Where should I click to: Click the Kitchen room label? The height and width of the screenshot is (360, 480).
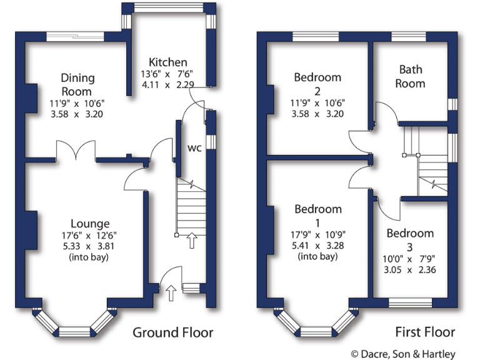[x=167, y=62]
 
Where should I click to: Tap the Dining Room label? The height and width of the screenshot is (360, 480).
[x=77, y=84]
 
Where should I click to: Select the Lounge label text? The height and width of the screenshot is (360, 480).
[x=90, y=223]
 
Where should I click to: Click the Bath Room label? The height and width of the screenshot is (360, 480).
[x=412, y=76]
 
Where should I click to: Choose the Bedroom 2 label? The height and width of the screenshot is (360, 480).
[x=318, y=77]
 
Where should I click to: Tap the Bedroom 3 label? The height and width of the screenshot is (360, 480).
[x=409, y=233]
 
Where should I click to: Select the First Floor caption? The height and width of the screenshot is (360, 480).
[x=425, y=332]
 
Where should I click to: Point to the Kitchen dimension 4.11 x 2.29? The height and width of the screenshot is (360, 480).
[x=167, y=85]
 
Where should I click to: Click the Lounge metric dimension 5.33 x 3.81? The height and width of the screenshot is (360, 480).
[x=90, y=246]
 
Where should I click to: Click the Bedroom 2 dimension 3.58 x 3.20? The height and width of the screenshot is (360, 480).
[x=318, y=114]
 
